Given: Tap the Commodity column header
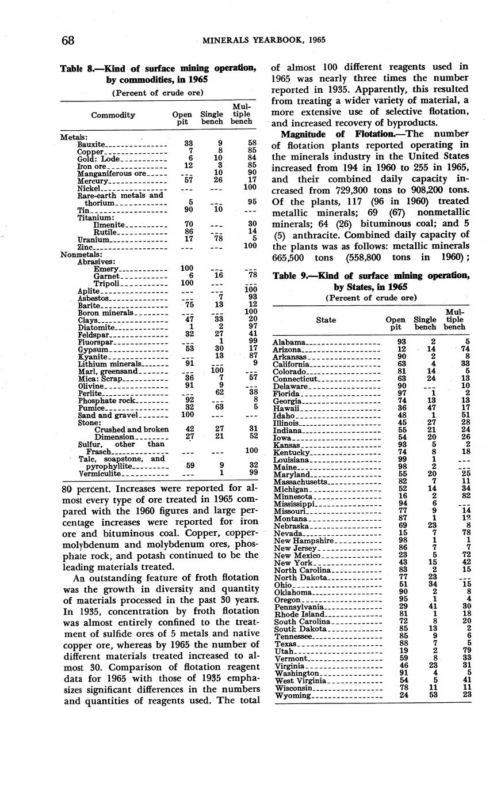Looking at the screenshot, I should point(113,115).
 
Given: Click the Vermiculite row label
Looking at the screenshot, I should point(100,474).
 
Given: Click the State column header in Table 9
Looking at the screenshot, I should point(326,320).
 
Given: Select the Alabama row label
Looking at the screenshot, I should point(289,342).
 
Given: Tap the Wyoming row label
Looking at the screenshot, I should point(292,695).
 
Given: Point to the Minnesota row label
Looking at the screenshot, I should point(293,497).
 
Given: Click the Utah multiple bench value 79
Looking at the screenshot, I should point(467,651).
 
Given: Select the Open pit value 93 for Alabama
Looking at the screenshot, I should point(402,342).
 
